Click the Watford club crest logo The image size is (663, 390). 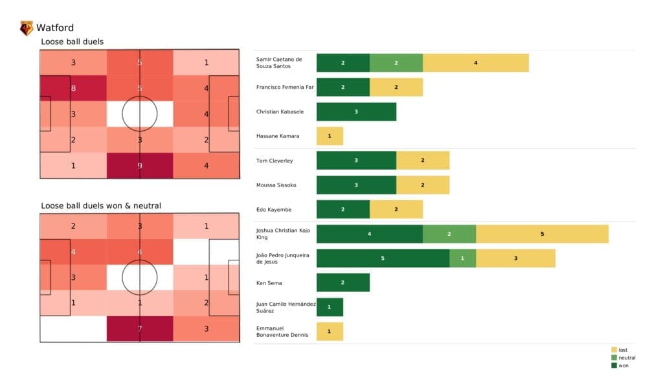[x=27, y=28]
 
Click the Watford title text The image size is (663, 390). [x=55, y=28]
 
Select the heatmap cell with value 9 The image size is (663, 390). [x=140, y=165]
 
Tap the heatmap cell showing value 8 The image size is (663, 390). [x=73, y=88]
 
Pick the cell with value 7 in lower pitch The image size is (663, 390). [x=140, y=329]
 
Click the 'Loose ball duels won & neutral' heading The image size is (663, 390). [x=101, y=206]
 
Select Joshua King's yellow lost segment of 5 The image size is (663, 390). [x=542, y=233]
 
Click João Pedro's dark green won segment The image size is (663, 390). [x=383, y=258]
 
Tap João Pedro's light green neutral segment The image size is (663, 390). [x=462, y=258]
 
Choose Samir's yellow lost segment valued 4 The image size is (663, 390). [x=475, y=63]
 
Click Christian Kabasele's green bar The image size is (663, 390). [x=356, y=111]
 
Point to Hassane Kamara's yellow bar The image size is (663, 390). [x=330, y=136]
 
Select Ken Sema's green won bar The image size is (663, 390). [x=343, y=282]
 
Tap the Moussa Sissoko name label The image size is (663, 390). [x=276, y=185]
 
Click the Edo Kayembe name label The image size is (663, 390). [x=273, y=209]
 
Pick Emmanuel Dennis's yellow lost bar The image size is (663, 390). [x=330, y=332]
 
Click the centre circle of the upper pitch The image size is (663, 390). [x=140, y=114]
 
